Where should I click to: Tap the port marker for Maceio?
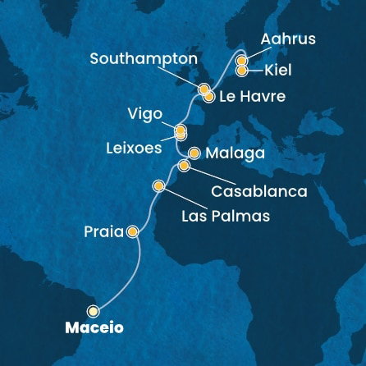[93, 311]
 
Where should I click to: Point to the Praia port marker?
[131, 233]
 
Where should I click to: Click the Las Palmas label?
[225, 217]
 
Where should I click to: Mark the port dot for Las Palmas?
[158, 186]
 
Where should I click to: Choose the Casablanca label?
[258, 191]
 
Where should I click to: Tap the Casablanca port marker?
[185, 166]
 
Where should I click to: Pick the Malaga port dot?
[194, 153]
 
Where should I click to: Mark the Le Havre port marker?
[209, 97]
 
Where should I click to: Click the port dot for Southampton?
[203, 89]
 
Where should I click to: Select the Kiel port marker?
[241, 71]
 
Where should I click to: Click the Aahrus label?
[287, 39]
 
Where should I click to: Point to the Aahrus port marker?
[241, 61]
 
